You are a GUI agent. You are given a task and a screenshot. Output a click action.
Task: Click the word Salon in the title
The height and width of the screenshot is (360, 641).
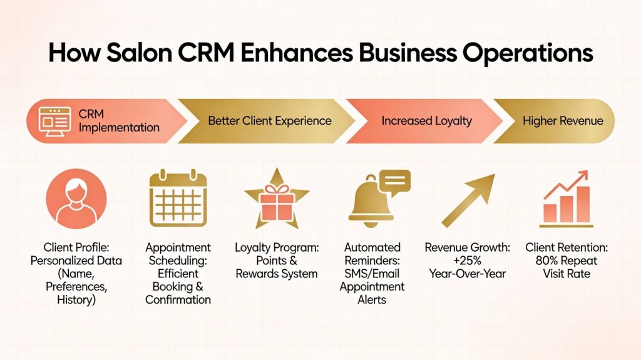pyautogui.click(x=139, y=53)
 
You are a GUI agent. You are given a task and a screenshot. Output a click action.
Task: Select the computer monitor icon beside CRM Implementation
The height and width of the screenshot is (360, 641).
pyautogui.click(x=55, y=121)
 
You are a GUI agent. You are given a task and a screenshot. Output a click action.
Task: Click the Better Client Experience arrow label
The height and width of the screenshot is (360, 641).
pyautogui.click(x=269, y=121)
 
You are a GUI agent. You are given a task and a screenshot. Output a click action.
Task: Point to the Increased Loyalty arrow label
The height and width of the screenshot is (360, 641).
pyautogui.click(x=426, y=121)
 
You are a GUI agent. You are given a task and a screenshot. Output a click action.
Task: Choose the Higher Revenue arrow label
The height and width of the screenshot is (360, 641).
pyautogui.click(x=563, y=121)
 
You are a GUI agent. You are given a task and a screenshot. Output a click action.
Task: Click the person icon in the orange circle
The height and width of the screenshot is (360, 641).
pyautogui.click(x=76, y=199)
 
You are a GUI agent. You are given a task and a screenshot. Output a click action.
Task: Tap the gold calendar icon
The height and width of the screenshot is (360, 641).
pyautogui.click(x=178, y=198)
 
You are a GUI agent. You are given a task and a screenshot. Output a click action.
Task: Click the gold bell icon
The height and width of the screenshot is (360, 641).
pyautogui.click(x=371, y=202)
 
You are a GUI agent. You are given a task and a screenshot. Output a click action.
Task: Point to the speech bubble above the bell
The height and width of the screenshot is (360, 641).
pyautogui.click(x=395, y=182)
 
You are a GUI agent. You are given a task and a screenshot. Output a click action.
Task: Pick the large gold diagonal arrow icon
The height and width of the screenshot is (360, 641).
pyautogui.click(x=468, y=200)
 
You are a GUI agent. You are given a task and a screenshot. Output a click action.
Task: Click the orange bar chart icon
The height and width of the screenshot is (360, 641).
pyautogui.click(x=566, y=199)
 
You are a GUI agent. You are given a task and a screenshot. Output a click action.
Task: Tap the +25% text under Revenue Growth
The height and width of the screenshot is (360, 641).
pyautogui.click(x=467, y=260)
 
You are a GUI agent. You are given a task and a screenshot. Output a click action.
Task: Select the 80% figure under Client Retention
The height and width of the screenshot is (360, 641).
pyautogui.click(x=546, y=260)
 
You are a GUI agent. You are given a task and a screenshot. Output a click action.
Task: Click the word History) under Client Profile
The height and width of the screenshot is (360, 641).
pyautogui.click(x=76, y=300)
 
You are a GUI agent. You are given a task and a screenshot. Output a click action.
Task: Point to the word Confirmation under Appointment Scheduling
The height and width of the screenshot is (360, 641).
pyautogui.click(x=178, y=300)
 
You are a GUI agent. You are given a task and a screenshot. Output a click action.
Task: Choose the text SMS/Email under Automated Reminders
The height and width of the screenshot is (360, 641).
pyautogui.click(x=372, y=274)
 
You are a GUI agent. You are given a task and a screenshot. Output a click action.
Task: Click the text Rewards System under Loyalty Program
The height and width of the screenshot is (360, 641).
pyautogui.click(x=277, y=274)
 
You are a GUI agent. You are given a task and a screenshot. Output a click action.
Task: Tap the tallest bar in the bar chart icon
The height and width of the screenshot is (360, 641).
pyautogui.click(x=583, y=204)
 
